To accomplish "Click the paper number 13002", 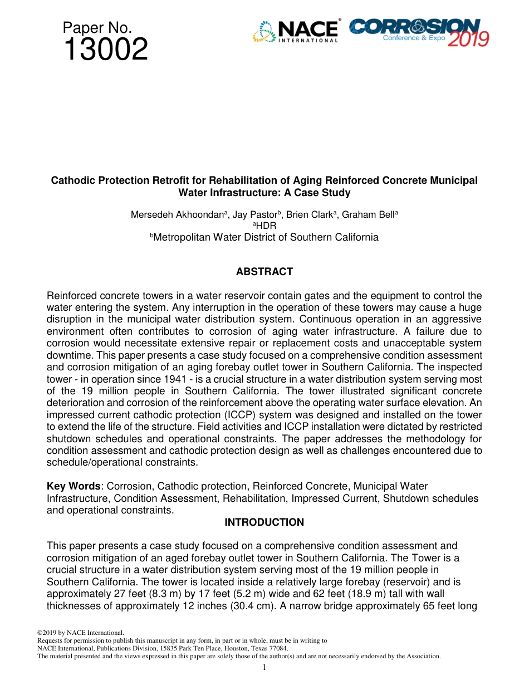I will (x=106, y=50).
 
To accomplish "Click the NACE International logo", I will (x=296, y=31).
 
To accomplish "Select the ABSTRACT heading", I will (x=264, y=272).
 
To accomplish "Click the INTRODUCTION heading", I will (x=264, y=522).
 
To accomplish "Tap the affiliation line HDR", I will (x=265, y=226).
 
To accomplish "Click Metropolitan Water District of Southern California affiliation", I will (x=266, y=237).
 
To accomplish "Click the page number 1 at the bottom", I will (x=264, y=667).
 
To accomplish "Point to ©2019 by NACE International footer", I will (x=80, y=633).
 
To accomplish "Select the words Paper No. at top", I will (x=97, y=27).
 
